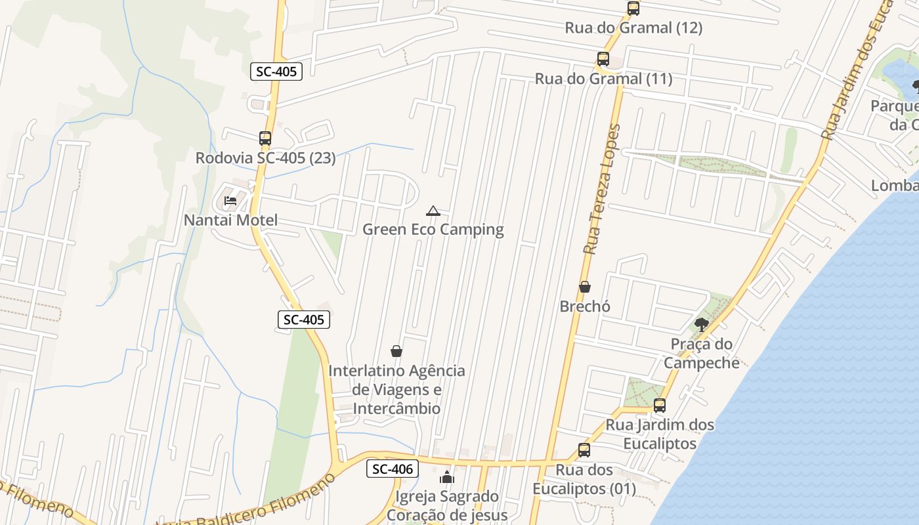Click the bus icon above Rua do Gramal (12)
633,9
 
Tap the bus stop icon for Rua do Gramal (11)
603,59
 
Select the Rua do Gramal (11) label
603,79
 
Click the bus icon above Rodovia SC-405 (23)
265,138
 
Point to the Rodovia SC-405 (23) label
265,158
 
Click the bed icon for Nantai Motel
230,200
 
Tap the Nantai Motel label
230,220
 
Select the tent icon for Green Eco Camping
433,211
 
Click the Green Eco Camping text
433,230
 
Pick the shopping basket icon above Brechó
584,287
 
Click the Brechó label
585,306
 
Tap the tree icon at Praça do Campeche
701,324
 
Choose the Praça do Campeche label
701,353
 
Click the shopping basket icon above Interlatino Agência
396,351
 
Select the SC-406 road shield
392,469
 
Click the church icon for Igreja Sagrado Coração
447,477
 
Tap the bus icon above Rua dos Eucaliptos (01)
584,450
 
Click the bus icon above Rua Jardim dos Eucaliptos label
659,406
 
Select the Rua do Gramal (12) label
633,28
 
